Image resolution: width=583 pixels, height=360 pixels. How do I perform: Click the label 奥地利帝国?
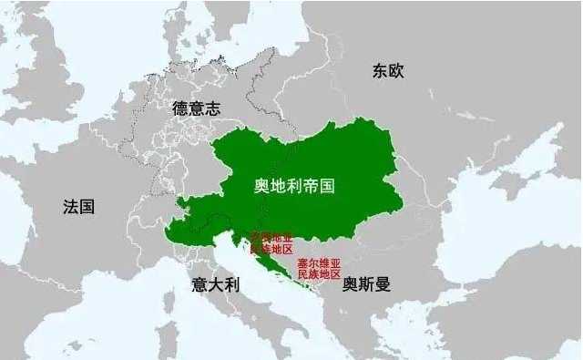[294, 186]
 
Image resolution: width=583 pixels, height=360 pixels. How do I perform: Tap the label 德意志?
[196, 108]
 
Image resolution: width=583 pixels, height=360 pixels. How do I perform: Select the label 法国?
[78, 207]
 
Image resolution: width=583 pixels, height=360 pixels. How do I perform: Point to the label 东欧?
[387, 70]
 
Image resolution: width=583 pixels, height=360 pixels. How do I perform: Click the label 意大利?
[215, 284]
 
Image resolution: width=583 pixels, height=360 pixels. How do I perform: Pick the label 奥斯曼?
[366, 284]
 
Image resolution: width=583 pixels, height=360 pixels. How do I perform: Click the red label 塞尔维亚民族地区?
[319, 268]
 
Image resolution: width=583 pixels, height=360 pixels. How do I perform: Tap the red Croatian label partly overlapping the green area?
[273, 243]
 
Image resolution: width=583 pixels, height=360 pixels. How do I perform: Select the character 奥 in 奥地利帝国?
[261, 186]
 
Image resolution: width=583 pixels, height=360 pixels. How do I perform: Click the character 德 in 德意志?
[180, 108]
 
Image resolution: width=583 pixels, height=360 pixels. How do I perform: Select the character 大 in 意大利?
[215, 284]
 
